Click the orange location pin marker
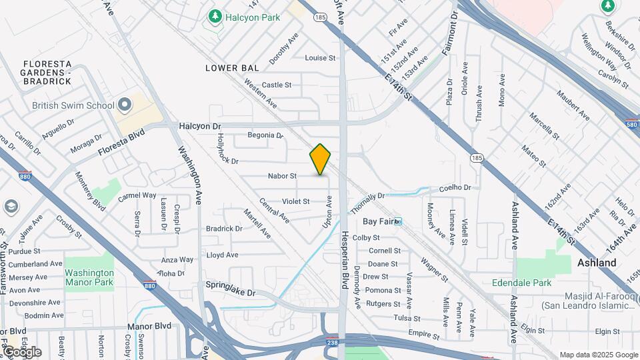321,159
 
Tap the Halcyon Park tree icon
215,16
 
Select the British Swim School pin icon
125,105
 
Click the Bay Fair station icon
398,221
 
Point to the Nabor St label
282,176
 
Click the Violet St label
296,201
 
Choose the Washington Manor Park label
89,277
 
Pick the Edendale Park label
521,283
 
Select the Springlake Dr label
231,292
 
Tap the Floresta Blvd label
121,143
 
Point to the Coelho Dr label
455,188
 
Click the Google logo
21,351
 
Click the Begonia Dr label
265,135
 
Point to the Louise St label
320,58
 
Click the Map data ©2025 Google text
599,355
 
